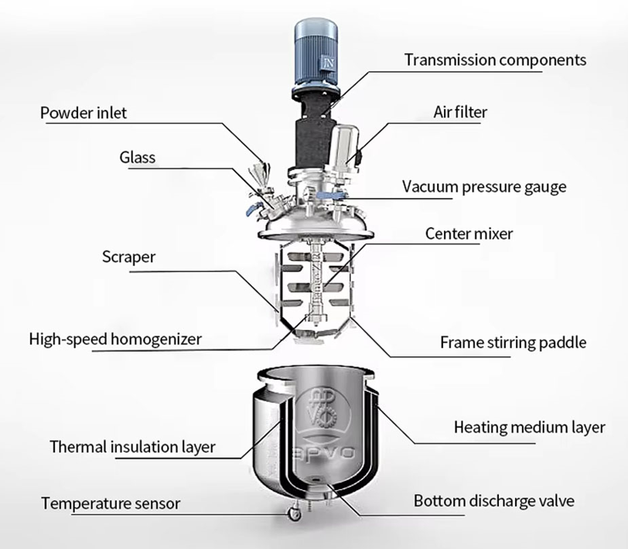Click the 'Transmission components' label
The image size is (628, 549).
click(495, 60)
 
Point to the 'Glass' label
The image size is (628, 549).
click(137, 157)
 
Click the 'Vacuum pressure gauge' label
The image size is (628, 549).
click(485, 186)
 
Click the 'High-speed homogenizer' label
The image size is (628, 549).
click(115, 339)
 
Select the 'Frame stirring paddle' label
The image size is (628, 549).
click(513, 342)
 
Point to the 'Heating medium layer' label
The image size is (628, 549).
click(529, 427)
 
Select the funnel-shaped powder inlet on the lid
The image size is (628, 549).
click(265, 169)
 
